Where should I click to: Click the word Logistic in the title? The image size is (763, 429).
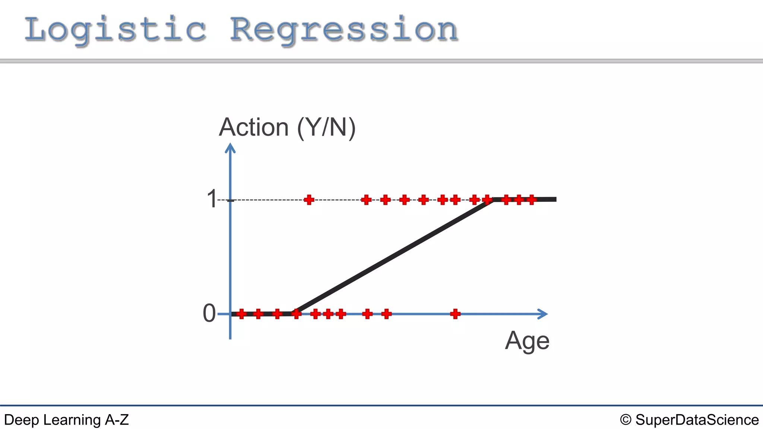click(115, 30)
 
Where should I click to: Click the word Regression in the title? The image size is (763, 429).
click(343, 30)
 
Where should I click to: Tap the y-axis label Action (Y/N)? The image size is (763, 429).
click(287, 128)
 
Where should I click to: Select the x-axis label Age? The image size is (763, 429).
click(527, 341)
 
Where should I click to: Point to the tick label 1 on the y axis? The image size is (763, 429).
click(212, 199)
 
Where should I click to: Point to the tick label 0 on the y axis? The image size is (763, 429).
click(209, 313)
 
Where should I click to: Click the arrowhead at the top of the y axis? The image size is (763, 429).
click(230, 148)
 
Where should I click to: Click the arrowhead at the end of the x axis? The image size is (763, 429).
click(543, 314)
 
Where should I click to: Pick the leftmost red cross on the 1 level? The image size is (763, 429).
click(309, 200)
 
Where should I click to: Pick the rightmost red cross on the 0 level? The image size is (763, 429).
click(455, 314)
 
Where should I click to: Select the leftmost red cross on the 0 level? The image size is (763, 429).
click(241, 314)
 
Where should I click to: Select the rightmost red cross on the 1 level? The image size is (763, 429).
click(532, 200)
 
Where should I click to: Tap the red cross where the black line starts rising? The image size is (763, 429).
click(296, 314)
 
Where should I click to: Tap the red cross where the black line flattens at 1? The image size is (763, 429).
click(487, 200)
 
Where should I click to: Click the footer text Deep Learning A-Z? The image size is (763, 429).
click(66, 420)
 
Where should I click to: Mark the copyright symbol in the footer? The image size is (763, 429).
click(626, 420)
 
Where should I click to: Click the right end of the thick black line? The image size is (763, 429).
click(555, 200)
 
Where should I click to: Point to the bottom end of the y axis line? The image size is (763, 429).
click(230, 338)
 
